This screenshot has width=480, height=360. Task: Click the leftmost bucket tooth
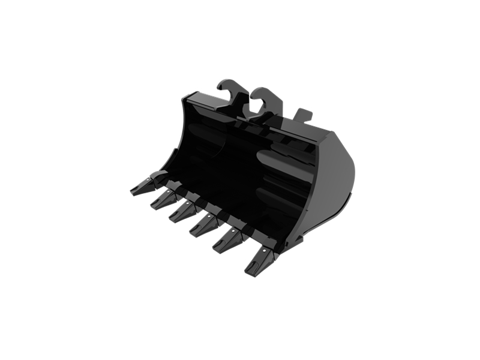coord(142,187)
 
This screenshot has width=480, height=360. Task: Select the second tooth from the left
coord(163,200)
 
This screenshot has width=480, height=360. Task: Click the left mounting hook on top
coord(231,96)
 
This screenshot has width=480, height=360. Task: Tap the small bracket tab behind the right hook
coord(303,115)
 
